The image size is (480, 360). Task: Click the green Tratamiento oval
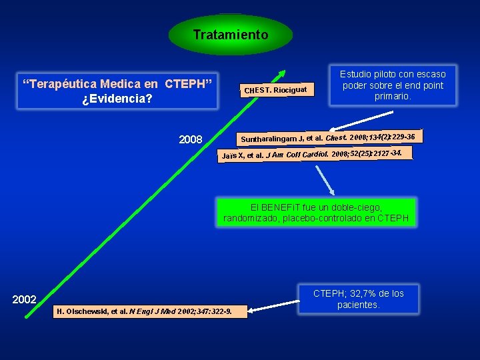click(231, 35)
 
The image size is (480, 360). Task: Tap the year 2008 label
click(191, 140)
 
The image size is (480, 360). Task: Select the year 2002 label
click(25, 300)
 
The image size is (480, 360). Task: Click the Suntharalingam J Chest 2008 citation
click(327, 138)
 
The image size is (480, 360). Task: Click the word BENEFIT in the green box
click(282, 207)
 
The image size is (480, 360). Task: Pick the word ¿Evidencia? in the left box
click(117, 99)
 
